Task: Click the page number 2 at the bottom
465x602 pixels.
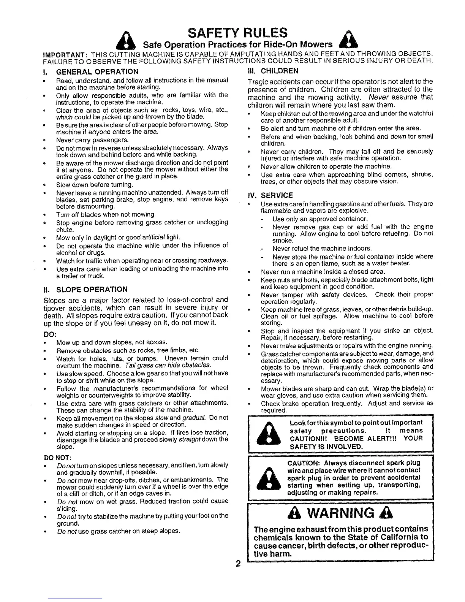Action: pyautogui.click(x=238, y=563)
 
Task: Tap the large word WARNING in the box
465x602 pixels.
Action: pyautogui.click(x=340, y=513)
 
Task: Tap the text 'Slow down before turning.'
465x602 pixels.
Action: pyautogui.click(x=95, y=185)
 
